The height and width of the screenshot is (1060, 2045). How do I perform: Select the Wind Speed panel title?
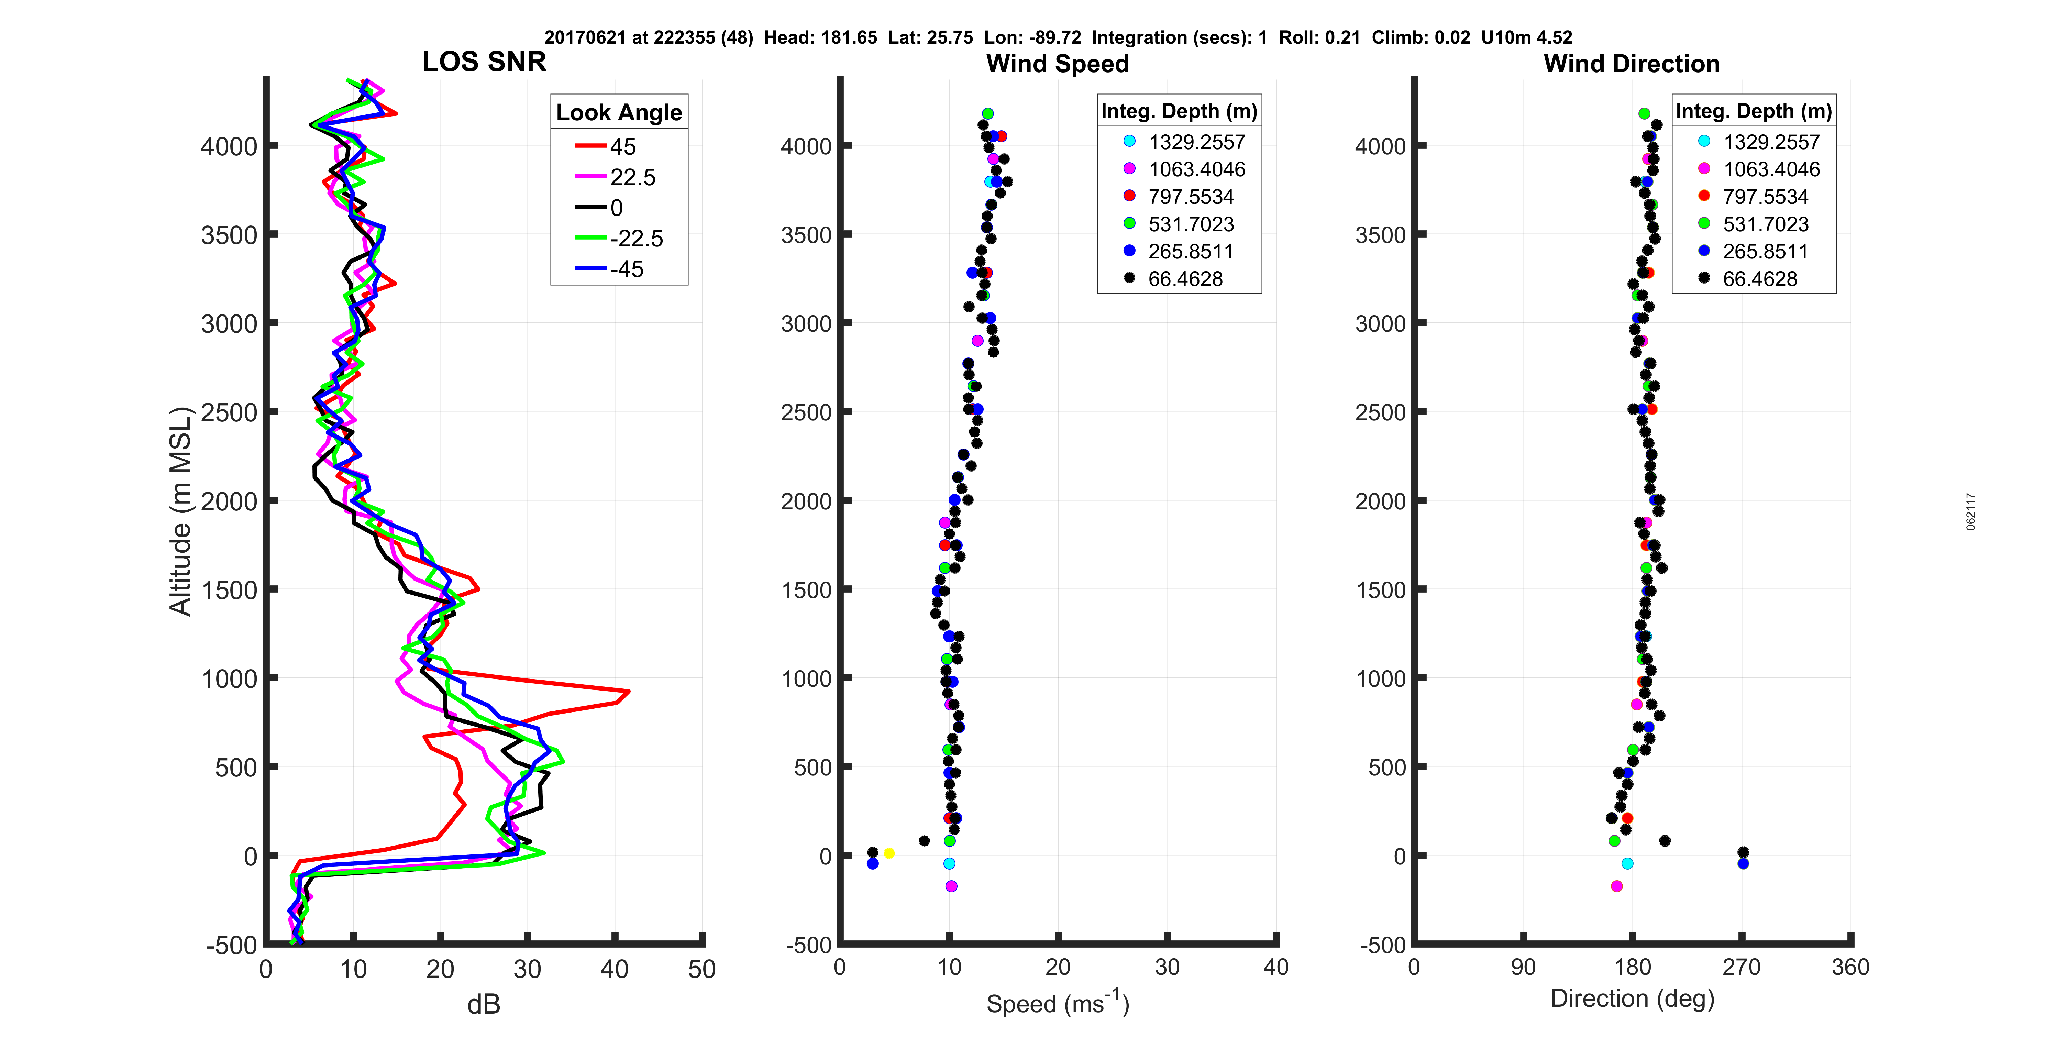[1058, 64]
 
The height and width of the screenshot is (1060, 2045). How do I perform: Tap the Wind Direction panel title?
[1632, 64]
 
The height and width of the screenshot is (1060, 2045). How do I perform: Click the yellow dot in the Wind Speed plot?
[889, 853]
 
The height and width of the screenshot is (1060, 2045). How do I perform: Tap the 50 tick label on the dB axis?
[702, 970]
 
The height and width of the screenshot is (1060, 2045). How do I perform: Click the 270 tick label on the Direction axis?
[1742, 967]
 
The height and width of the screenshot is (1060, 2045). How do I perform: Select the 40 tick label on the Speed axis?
[1276, 967]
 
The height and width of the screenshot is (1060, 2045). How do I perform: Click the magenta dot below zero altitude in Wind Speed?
[951, 886]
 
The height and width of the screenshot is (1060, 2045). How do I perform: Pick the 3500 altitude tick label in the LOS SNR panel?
[229, 235]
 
